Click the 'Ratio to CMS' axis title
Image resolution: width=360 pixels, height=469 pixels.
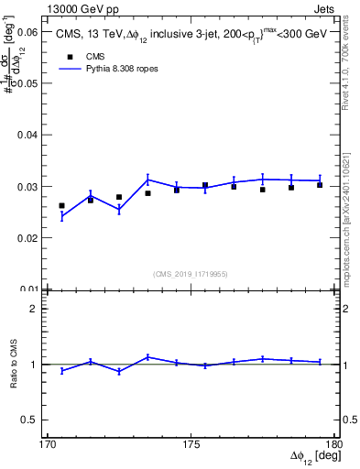[15, 364]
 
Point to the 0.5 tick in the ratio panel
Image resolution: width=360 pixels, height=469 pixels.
[30, 420]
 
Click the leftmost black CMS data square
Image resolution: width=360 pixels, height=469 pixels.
[62, 206]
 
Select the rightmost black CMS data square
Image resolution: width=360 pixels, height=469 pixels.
[320, 185]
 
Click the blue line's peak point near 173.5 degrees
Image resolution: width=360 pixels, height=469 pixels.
[147, 179]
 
